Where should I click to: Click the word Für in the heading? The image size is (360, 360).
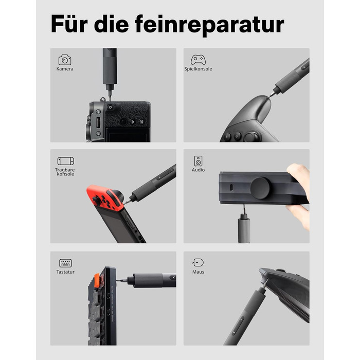(69, 24)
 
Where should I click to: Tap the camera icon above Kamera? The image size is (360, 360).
(65, 60)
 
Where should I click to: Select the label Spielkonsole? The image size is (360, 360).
(198, 69)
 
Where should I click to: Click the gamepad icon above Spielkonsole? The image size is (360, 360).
(198, 60)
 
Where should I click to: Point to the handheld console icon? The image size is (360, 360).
(66, 161)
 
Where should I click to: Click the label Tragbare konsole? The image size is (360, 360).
(65, 172)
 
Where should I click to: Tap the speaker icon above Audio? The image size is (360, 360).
(198, 161)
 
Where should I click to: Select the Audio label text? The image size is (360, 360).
(198, 170)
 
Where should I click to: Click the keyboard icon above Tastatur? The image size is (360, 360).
(65, 263)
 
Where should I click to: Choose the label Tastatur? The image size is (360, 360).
(65, 272)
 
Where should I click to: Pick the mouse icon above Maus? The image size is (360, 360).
(198, 262)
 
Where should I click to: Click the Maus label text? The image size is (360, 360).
(198, 272)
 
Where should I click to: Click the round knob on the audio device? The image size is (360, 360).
(260, 188)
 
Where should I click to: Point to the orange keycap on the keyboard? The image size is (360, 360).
(97, 280)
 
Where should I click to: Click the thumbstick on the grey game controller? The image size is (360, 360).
(252, 136)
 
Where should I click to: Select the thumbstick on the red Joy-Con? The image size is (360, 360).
(97, 202)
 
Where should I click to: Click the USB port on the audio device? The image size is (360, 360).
(231, 187)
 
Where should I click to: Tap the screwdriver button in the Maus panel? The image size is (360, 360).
(238, 326)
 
